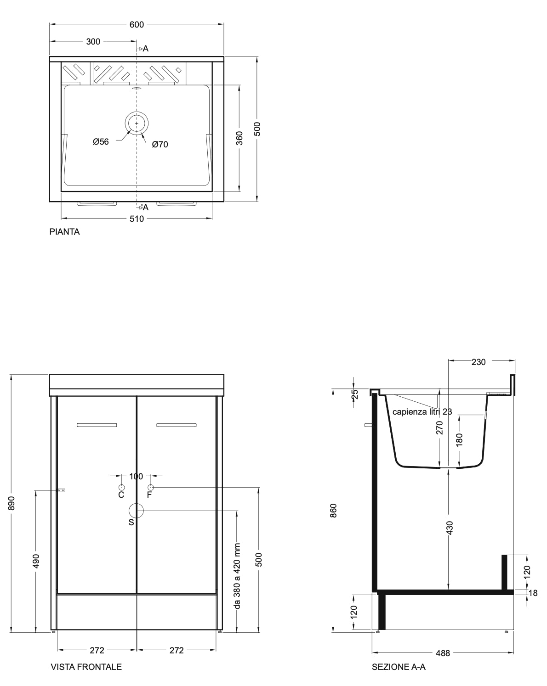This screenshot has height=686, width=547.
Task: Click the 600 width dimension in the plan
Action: [137, 24]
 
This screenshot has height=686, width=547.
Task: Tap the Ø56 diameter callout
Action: [101, 141]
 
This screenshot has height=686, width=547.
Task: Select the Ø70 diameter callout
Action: [160, 144]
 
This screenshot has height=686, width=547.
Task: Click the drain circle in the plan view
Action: [137, 123]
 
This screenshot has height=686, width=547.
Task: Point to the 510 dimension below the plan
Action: [137, 219]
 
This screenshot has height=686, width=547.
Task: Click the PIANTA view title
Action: [64, 232]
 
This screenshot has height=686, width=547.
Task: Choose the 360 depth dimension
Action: [239, 138]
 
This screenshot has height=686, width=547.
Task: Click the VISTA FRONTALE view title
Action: [86, 667]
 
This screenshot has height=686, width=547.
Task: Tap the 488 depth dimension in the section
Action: [443, 653]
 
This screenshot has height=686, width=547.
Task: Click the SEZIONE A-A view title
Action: [399, 667]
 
